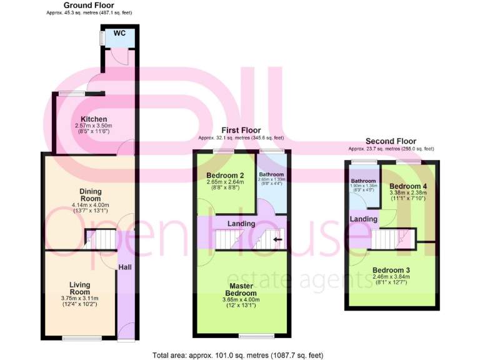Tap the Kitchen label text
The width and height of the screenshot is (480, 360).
94,119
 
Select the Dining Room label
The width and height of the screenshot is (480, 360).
90,195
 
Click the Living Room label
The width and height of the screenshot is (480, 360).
79,289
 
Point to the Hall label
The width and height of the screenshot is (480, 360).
124,267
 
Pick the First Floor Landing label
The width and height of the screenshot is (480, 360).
241,223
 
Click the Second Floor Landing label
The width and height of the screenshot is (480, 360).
363,219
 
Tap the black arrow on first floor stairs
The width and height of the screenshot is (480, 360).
277,239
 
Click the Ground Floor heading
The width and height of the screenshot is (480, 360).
89,5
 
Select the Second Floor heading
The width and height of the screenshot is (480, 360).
391,141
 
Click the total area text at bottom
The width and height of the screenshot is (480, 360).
238,354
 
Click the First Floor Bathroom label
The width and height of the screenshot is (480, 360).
272,174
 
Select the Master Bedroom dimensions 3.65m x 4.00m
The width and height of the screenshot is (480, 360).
241,300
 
